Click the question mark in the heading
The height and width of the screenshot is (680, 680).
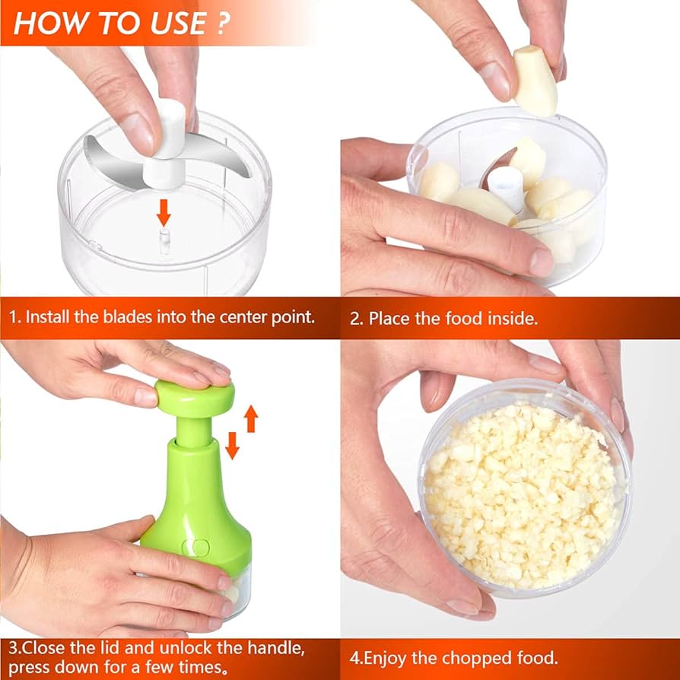pos(221,23)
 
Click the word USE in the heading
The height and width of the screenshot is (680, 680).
pos(178,23)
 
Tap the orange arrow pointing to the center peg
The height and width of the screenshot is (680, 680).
pos(164,212)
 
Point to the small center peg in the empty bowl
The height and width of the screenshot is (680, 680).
pos(164,241)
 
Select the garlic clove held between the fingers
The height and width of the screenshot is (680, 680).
pos(535,81)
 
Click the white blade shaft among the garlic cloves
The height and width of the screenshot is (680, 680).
pos(506,188)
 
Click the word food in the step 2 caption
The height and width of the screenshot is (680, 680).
pos(463,319)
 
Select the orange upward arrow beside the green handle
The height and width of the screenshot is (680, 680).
pos(251,418)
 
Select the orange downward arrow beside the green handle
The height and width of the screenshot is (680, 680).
pos(232,446)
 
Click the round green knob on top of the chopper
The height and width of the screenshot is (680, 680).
pos(195,398)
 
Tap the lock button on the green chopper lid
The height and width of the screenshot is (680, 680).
pos(195,548)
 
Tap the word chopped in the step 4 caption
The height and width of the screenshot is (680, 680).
pos(462,658)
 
